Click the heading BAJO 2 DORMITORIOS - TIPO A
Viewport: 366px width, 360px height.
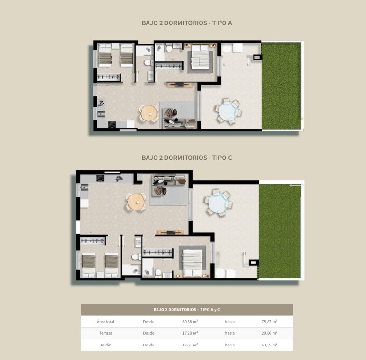(x=187, y=22)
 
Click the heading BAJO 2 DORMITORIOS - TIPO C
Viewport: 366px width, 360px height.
(x=187, y=158)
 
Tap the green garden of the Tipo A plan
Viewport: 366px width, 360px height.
(x=281, y=86)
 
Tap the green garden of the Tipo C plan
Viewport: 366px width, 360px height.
(x=280, y=231)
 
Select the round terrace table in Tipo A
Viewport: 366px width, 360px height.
(x=229, y=112)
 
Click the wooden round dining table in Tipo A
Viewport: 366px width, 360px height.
(x=149, y=113)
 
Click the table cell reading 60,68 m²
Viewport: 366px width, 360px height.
(x=190, y=322)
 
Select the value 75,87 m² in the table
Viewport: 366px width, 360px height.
(x=269, y=322)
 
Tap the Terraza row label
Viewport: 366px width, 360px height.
(x=105, y=333)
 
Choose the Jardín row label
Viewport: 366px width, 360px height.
(x=105, y=345)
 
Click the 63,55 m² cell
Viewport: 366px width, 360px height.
(x=269, y=345)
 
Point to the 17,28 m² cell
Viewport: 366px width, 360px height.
(x=190, y=333)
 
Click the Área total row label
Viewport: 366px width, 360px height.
(x=105, y=322)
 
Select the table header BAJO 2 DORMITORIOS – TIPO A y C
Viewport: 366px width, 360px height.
(x=187, y=310)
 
